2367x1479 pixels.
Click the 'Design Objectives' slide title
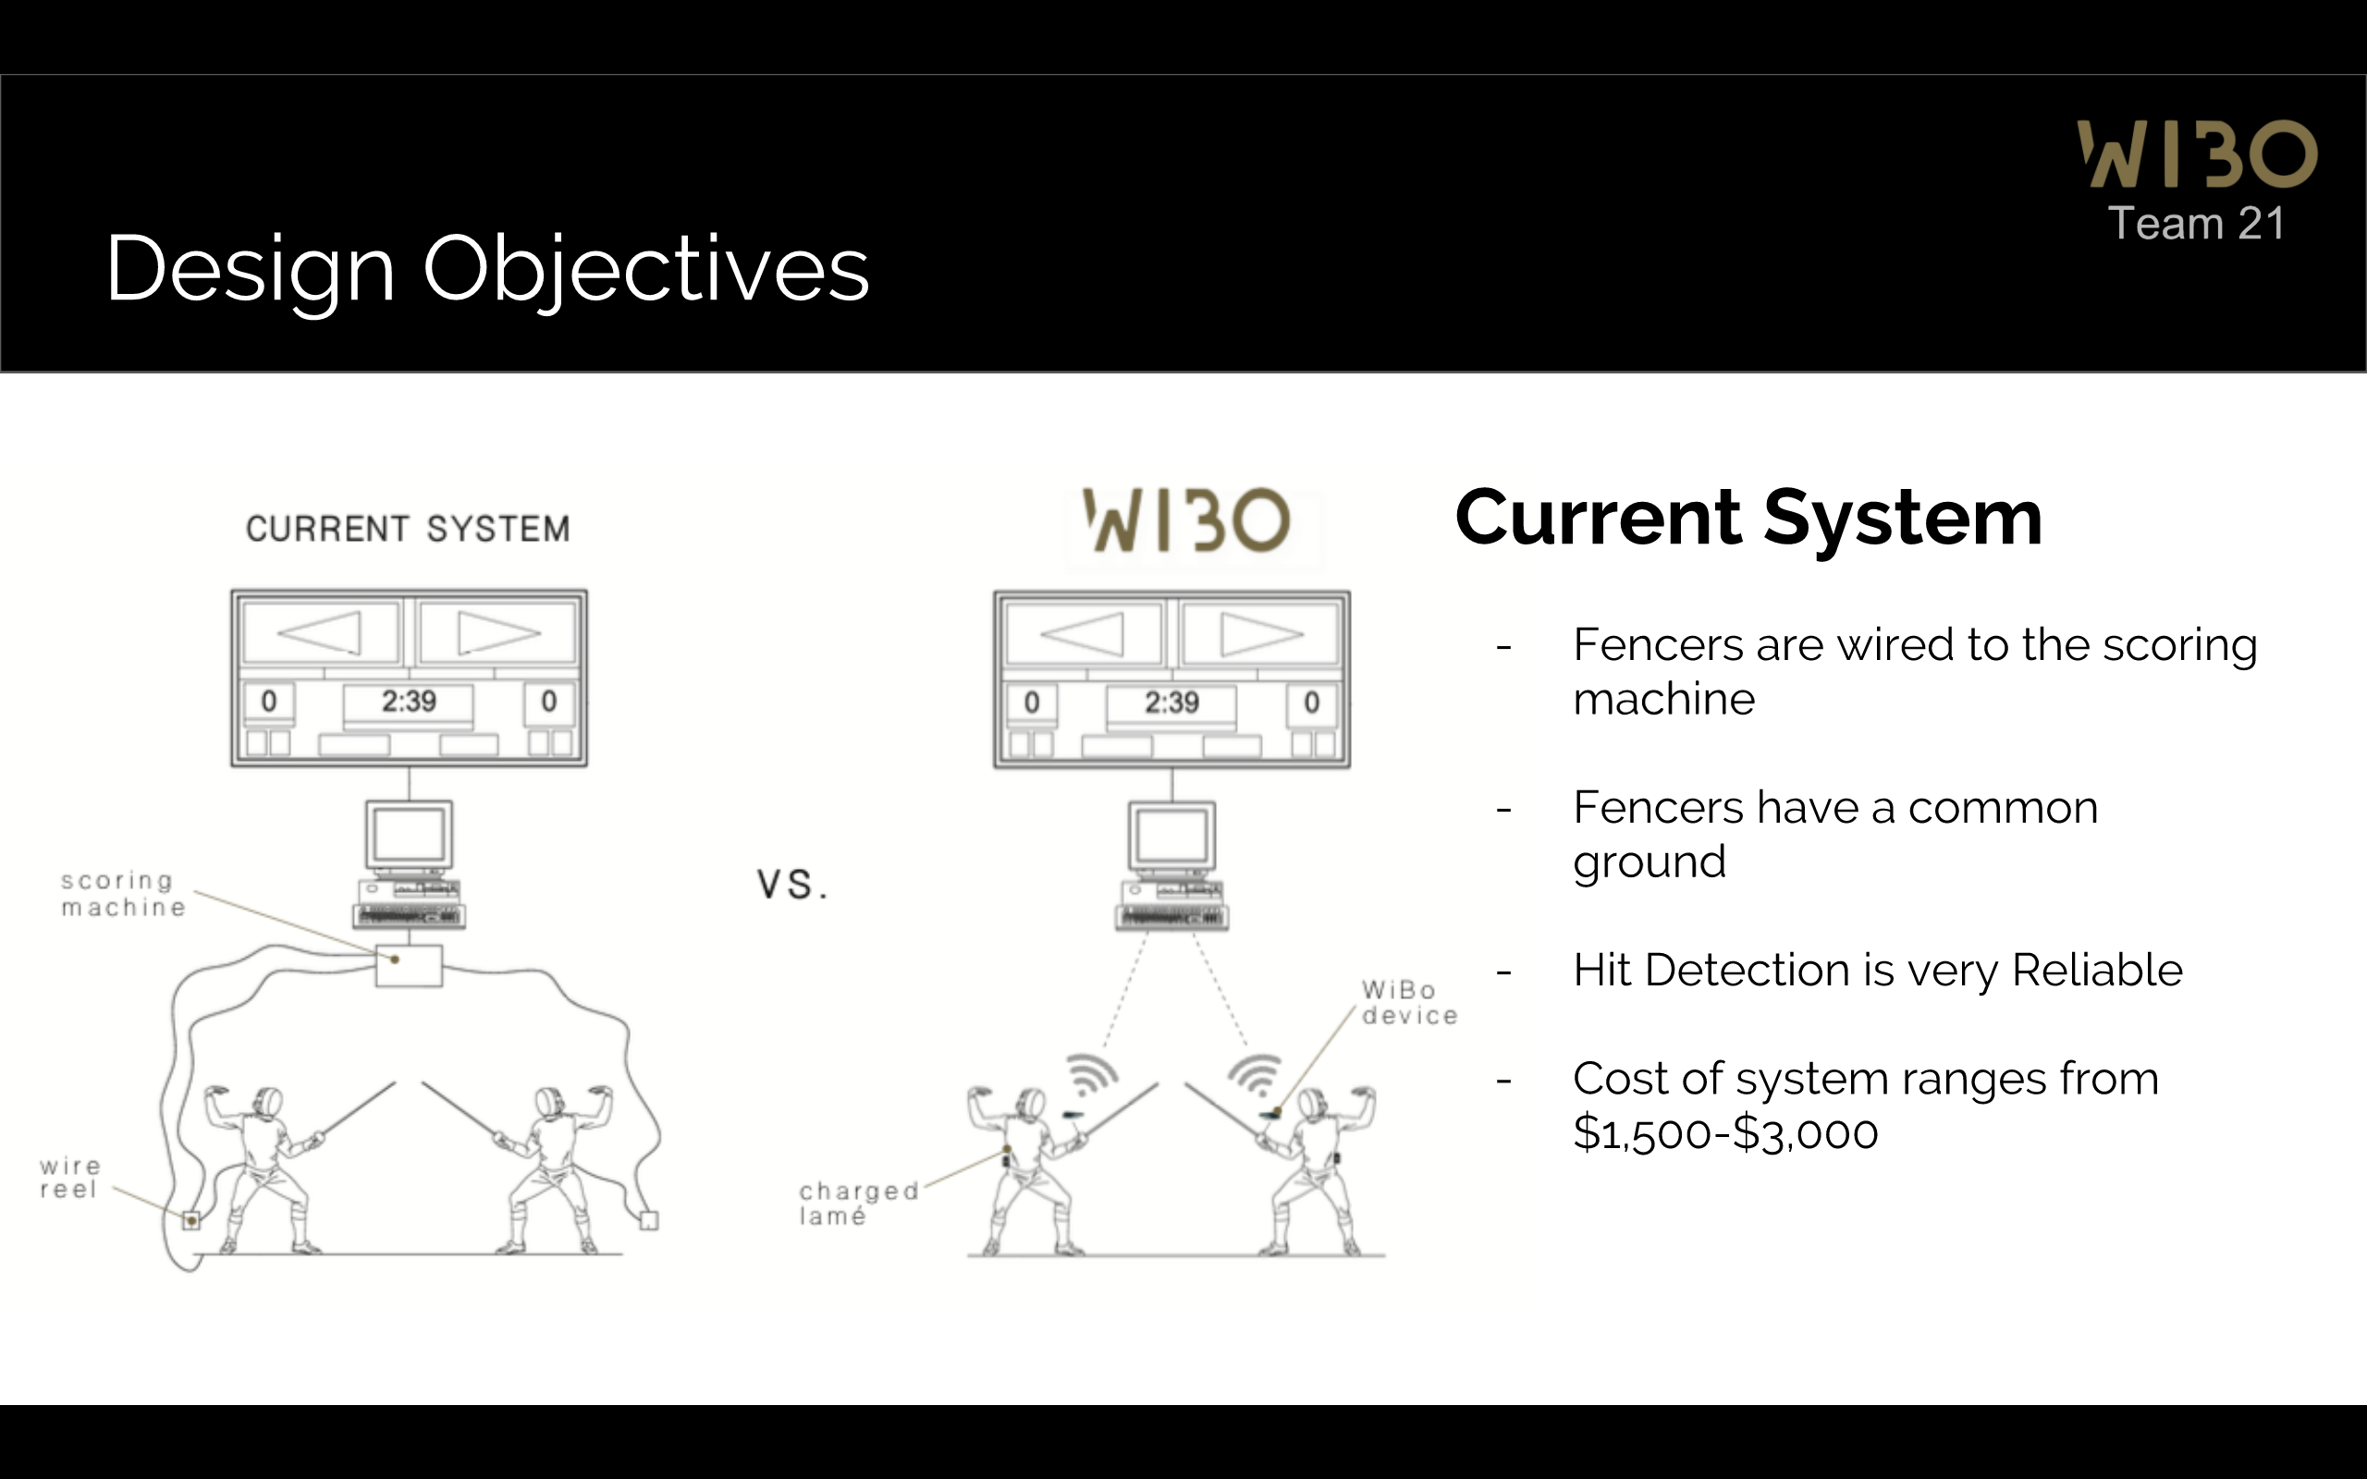coord(487,268)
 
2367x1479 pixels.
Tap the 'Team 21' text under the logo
coord(2196,224)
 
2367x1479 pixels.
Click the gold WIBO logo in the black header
coord(2197,153)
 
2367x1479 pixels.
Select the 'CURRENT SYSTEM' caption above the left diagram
coord(408,529)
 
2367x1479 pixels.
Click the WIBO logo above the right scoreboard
coord(1186,520)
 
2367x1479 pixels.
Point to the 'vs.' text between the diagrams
coord(792,885)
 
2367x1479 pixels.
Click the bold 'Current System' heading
coord(1748,518)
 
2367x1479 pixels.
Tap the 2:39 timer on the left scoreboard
coord(409,702)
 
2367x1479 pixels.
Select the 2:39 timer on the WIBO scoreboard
coord(1171,703)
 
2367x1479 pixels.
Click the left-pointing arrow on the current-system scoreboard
coord(321,633)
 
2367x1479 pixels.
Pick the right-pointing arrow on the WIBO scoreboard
coord(1261,635)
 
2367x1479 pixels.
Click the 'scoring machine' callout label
coord(122,894)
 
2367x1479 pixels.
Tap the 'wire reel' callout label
coord(69,1178)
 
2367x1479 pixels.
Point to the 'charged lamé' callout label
coord(858,1204)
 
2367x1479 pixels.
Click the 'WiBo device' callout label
coord(1408,1003)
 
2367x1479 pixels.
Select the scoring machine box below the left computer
coord(409,965)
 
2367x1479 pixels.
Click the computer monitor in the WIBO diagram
coord(1171,837)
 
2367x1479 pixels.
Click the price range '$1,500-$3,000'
coord(1725,1132)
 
